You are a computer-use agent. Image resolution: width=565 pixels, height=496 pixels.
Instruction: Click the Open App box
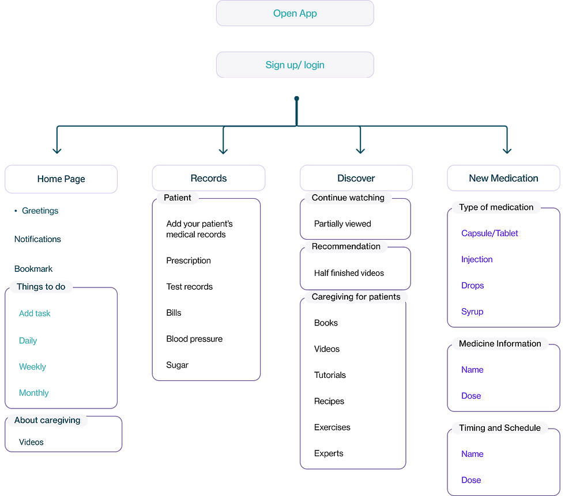pyautogui.click(x=295, y=13)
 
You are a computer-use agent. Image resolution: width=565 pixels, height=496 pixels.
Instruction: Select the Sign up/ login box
pyautogui.click(x=295, y=65)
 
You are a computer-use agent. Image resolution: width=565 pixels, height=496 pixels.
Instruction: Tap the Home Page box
pyautogui.click(x=61, y=179)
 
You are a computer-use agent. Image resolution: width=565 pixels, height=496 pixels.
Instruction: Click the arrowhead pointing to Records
pyautogui.click(x=223, y=150)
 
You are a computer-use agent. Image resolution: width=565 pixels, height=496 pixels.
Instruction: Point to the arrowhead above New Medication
pyautogui.click(x=507, y=150)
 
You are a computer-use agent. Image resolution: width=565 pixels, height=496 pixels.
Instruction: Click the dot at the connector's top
pyautogui.click(x=296, y=99)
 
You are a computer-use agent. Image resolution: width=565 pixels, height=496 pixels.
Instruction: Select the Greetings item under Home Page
pyautogui.click(x=40, y=211)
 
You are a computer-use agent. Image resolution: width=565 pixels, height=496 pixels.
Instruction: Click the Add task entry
pyautogui.click(x=35, y=313)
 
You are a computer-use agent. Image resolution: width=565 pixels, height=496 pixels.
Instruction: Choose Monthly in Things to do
pyautogui.click(x=34, y=393)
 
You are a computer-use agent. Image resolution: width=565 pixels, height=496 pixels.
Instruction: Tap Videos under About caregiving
pyautogui.click(x=31, y=442)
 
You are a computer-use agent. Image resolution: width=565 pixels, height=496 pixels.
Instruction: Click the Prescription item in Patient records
pyautogui.click(x=189, y=260)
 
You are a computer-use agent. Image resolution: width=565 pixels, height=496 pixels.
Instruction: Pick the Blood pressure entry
pyautogui.click(x=194, y=339)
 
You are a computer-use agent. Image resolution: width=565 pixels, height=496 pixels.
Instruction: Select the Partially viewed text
pyautogui.click(x=342, y=224)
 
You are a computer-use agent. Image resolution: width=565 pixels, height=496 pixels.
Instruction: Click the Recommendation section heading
pyautogui.click(x=346, y=247)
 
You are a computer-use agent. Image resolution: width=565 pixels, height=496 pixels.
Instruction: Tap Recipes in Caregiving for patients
pyautogui.click(x=329, y=402)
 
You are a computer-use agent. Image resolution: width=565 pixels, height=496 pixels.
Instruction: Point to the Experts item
pyautogui.click(x=329, y=453)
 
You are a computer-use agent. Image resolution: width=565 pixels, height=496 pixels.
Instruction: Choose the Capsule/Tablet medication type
pyautogui.click(x=489, y=233)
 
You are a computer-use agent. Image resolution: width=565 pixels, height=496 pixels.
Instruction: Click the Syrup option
pyautogui.click(x=472, y=312)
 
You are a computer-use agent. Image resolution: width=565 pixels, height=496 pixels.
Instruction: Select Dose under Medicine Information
pyautogui.click(x=471, y=396)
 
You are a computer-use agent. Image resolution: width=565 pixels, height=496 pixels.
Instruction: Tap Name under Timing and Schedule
pyautogui.click(x=472, y=454)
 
